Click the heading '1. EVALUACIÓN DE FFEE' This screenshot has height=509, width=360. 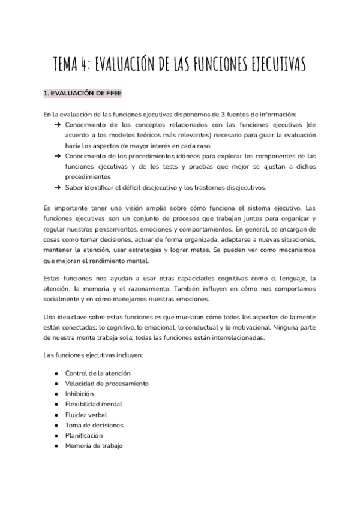click(83, 94)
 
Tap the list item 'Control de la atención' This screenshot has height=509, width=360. click(97, 373)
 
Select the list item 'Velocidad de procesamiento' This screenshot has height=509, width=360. click(107, 383)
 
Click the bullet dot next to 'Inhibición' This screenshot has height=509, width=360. click(56, 394)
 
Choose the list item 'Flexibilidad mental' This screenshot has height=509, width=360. click(94, 404)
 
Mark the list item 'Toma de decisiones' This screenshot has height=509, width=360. click(94, 425)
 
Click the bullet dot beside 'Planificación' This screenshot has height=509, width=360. click(56, 435)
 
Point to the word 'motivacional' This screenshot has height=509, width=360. click(250, 327)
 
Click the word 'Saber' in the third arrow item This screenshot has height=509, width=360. click(76, 187)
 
